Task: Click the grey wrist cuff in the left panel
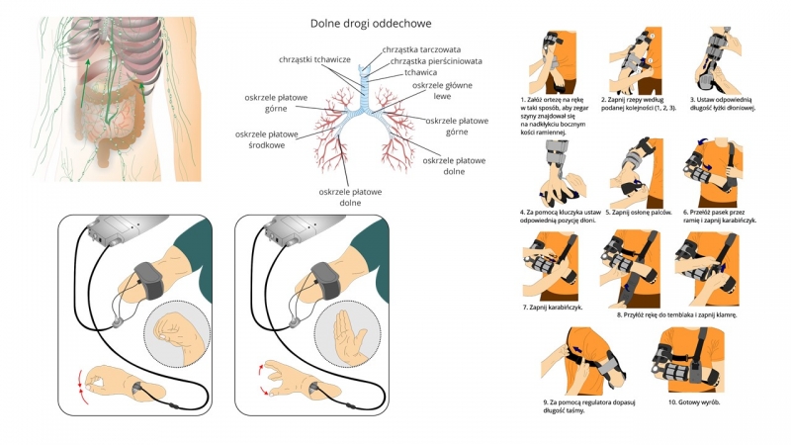pyautogui.click(x=147, y=273)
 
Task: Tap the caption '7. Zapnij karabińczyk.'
pyautogui.click(x=553, y=308)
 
